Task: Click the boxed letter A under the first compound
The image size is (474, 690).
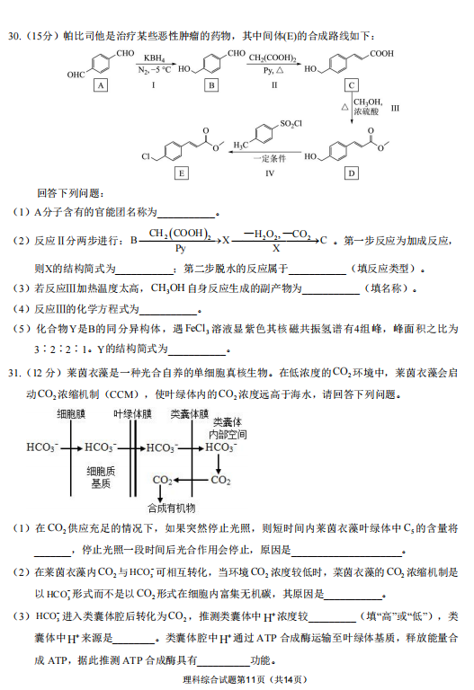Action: click(x=101, y=85)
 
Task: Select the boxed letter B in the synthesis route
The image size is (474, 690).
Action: click(x=211, y=85)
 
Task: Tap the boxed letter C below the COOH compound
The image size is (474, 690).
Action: click(x=352, y=85)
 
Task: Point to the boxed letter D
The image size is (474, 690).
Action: click(x=352, y=172)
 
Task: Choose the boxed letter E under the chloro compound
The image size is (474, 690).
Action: click(x=182, y=172)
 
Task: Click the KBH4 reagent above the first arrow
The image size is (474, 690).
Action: click(x=154, y=58)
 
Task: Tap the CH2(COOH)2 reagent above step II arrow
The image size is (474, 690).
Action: click(x=273, y=58)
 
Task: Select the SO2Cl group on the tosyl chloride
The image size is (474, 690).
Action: click(x=291, y=124)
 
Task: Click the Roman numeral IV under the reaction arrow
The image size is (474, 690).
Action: click(x=270, y=173)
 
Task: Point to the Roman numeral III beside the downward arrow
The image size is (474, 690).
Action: click(x=395, y=108)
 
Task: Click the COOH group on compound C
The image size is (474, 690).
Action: click(x=381, y=54)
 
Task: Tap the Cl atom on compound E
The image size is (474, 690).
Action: click(x=147, y=156)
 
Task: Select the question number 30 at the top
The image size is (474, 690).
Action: click(x=14, y=36)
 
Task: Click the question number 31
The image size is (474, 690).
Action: click(x=14, y=373)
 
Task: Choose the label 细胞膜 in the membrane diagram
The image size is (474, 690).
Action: click(x=71, y=413)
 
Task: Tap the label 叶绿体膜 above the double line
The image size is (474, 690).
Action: click(x=132, y=413)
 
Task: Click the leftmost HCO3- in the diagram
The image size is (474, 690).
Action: click(x=42, y=447)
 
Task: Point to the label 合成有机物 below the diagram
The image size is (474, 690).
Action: click(x=172, y=509)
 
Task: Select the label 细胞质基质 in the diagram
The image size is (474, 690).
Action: click(x=101, y=477)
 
